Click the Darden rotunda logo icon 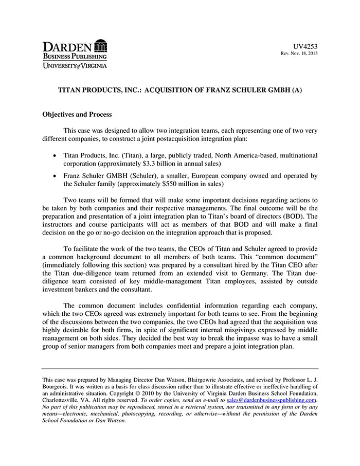[x=101, y=45]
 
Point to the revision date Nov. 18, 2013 [x=303, y=54]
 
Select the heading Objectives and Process [x=77, y=114]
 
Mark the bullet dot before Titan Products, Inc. [x=55, y=155]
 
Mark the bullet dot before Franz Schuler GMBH [x=55, y=175]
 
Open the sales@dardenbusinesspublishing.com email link [x=272, y=400]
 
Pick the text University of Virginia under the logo [x=75, y=66]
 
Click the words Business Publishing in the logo [x=75, y=56]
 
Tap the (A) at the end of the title [x=296, y=89]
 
